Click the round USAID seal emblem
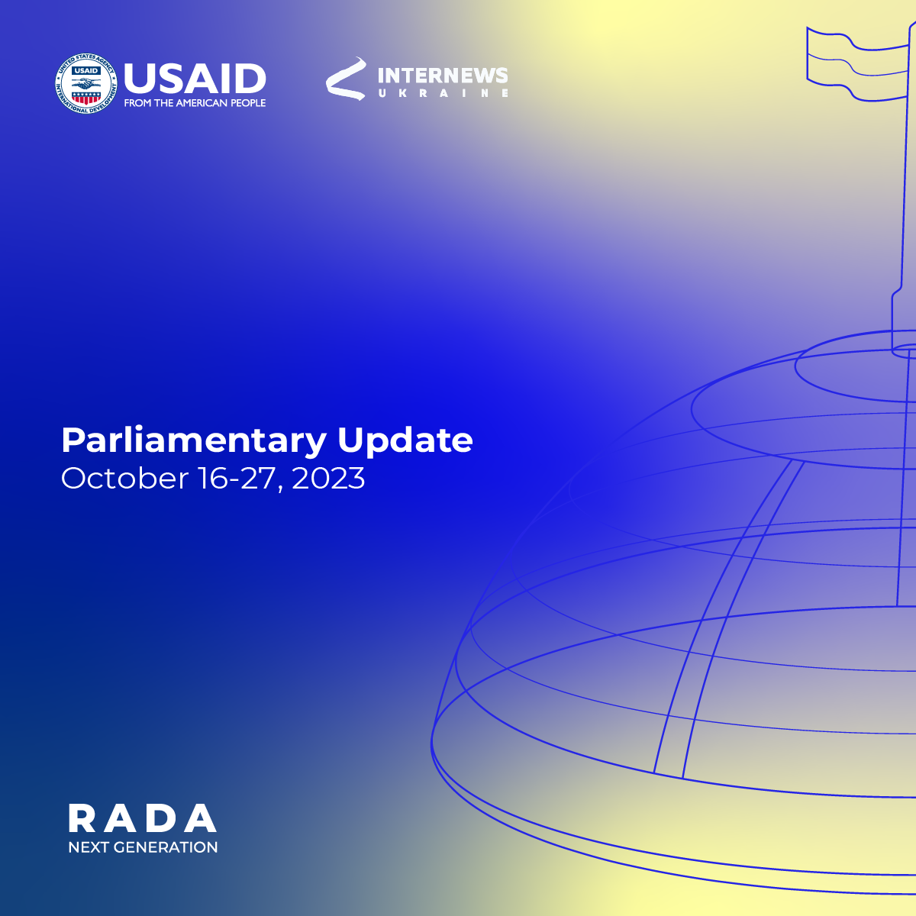coord(86,84)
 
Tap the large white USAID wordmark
coord(195,78)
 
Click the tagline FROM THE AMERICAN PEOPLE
coord(195,103)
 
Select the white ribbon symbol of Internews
coord(346,79)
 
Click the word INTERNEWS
coord(443,76)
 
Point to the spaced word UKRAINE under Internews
coord(443,93)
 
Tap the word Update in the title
coord(405,440)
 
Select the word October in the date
coord(125,478)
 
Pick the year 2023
coord(328,478)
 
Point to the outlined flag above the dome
coord(858,64)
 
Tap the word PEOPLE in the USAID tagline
coord(249,103)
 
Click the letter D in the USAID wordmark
coord(250,78)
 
